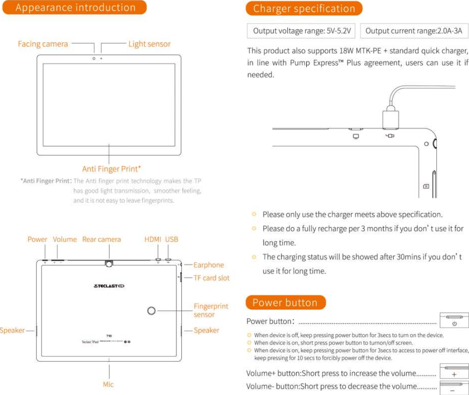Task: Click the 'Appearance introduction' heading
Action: (75, 8)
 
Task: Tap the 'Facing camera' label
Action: (43, 44)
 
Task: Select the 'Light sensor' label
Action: (150, 44)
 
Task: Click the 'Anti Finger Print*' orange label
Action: (111, 169)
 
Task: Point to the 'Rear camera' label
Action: (101, 240)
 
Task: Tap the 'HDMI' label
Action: (153, 240)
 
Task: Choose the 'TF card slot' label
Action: (212, 278)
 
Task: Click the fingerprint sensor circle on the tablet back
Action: (151, 310)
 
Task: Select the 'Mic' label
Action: (108, 385)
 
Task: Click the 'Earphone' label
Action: (209, 265)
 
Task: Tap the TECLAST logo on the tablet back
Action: (109, 286)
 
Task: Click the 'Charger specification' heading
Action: (304, 9)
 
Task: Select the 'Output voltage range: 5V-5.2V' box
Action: (302, 31)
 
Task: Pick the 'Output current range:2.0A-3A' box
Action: (414, 31)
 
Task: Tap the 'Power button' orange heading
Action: (285, 303)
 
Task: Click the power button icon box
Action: (454, 320)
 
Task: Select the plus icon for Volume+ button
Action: (454, 375)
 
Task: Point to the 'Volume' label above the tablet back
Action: (65, 240)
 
